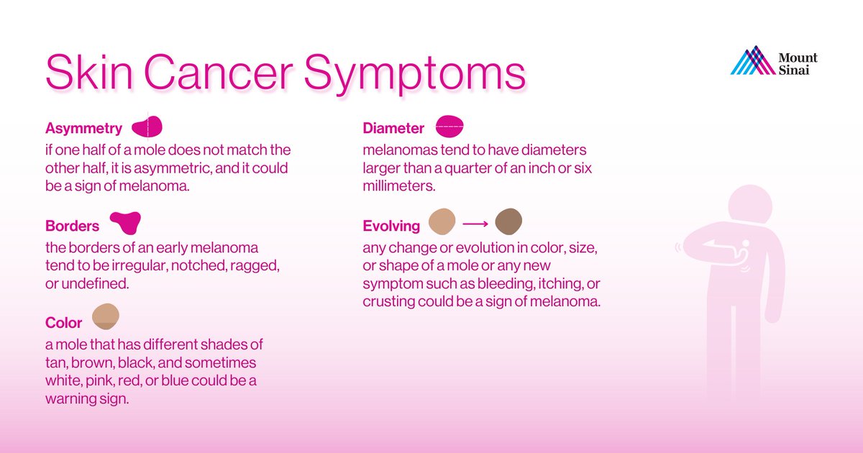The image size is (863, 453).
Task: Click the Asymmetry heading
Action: [x=83, y=129]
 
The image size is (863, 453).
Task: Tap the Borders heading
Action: [x=72, y=226]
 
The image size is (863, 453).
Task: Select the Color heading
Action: [x=64, y=323]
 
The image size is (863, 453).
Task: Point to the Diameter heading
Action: [x=393, y=129]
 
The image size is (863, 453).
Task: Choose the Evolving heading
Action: [x=391, y=226]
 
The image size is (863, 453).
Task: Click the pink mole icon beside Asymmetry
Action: [x=148, y=127]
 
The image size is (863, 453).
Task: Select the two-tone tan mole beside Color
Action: [x=105, y=317]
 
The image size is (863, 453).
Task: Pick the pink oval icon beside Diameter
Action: [x=449, y=127]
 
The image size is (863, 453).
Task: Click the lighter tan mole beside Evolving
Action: [x=442, y=223]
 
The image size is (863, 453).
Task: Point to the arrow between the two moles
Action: [x=475, y=224]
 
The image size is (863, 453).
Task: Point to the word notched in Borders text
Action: [x=178, y=265]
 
